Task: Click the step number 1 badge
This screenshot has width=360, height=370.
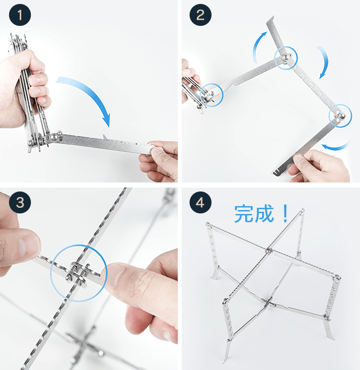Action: click(20, 15)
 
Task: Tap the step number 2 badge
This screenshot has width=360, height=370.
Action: click(200, 15)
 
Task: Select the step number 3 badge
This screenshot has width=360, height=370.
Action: click(20, 202)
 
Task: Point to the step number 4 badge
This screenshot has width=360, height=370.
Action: click(200, 202)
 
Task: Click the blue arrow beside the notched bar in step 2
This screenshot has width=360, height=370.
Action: click(324, 62)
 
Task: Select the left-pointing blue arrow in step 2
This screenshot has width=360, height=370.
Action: click(336, 147)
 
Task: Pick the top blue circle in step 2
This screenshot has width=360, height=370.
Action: click(286, 47)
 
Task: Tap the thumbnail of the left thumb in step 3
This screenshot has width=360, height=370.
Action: click(29, 245)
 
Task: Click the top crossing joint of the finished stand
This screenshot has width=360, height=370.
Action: click(269, 251)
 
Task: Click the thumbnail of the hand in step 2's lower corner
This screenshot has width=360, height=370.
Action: click(299, 159)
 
